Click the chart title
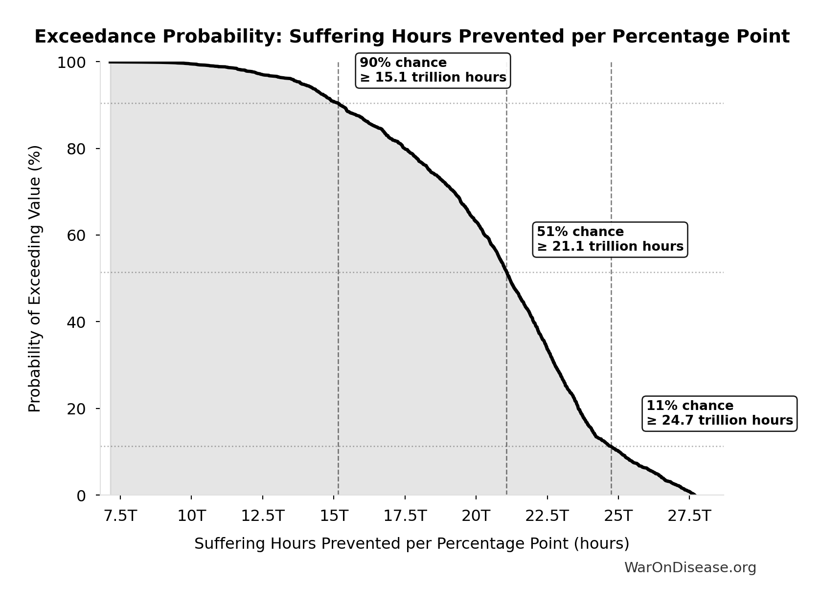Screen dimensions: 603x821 tap(411, 37)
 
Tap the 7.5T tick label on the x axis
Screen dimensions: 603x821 tap(120, 516)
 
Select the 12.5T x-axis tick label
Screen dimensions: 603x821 tap(263, 516)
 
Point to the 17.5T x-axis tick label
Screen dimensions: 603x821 tap(405, 516)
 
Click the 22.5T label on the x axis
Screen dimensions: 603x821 tap(547, 516)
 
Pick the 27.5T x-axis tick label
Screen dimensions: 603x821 tap(689, 516)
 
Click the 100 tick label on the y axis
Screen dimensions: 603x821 tap(71, 63)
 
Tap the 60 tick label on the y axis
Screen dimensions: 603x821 tap(76, 236)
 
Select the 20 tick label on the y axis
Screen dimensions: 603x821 tap(76, 409)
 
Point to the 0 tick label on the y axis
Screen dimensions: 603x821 tap(81, 495)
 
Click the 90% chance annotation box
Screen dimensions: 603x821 tap(433, 70)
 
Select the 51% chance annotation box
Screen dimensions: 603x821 tap(610, 239)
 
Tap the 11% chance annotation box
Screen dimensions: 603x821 tap(719, 413)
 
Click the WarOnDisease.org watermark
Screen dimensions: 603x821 tap(690, 567)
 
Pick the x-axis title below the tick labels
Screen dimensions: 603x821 tap(411, 543)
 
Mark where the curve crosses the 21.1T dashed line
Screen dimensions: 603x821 tap(506, 272)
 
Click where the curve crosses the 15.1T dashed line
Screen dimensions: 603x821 tap(338, 104)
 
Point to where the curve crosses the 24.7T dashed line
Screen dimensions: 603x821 tap(611, 446)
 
